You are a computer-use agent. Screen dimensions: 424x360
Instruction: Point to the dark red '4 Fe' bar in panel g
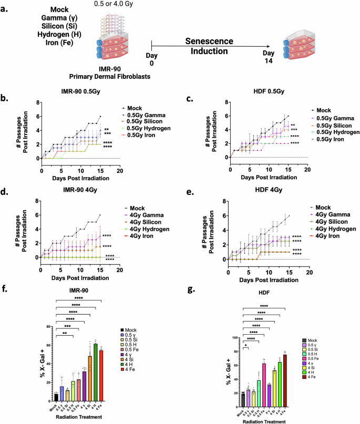click(x=285, y=374)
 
